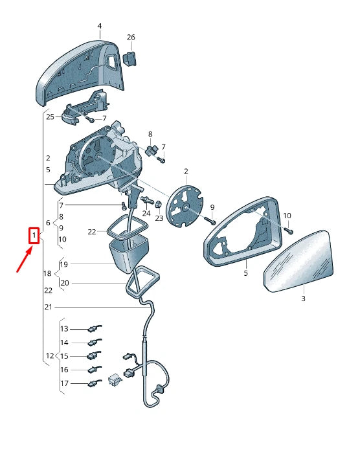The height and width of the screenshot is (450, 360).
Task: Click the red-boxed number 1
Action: click(34, 236)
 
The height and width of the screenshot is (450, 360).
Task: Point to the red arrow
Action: click(24, 260)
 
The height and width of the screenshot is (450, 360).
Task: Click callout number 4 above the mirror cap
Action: click(100, 26)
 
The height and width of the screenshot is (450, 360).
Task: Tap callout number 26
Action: click(131, 37)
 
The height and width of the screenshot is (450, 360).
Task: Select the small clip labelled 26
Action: click(129, 58)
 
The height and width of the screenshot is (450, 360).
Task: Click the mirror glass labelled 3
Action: click(298, 261)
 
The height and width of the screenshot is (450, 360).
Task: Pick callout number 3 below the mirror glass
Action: click(303, 298)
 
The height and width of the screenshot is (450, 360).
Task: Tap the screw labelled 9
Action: click(210, 221)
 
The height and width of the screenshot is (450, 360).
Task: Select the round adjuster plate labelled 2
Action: click(185, 206)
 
